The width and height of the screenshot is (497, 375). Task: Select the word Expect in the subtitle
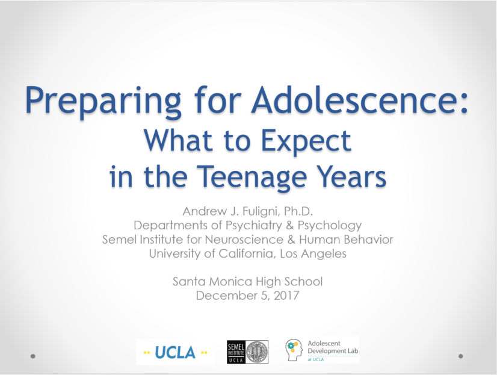[x=306, y=141]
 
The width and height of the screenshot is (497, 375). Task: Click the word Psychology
[x=330, y=225]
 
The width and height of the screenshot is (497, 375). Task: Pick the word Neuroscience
[x=244, y=240]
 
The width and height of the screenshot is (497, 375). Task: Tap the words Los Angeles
[x=313, y=254]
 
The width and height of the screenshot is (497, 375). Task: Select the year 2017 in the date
[x=286, y=296]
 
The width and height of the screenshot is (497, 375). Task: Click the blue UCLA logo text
[x=175, y=353]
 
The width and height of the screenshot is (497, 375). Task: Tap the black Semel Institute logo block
[x=236, y=352]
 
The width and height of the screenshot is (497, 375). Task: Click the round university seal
[x=257, y=352]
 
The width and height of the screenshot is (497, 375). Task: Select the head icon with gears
[x=294, y=350]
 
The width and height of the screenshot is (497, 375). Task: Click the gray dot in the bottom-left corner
[x=33, y=356]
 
